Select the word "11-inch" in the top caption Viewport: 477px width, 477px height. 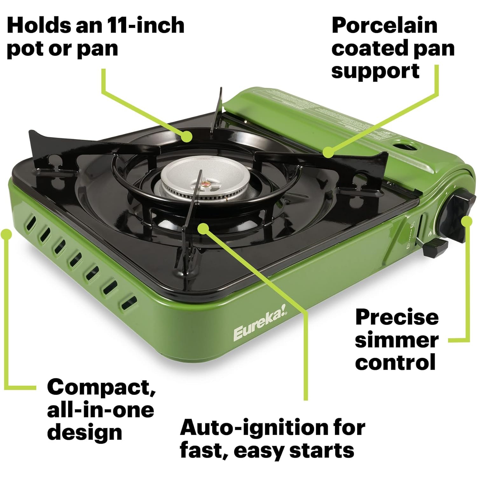pos(145,25)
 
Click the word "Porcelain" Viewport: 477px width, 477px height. pos(384,25)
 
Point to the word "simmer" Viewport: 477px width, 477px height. pos(397,340)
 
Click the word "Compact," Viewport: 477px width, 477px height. pos(101,387)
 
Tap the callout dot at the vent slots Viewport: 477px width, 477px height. pos(6,234)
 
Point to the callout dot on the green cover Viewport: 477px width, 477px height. pos(328,152)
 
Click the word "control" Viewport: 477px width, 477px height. pos(395,362)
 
